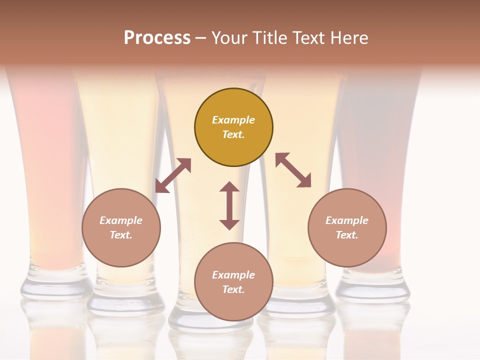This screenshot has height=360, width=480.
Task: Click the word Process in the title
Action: [157, 38]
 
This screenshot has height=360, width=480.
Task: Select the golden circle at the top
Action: [233, 127]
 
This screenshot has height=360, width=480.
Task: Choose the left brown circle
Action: [121, 227]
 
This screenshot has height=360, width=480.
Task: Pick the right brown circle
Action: [347, 227]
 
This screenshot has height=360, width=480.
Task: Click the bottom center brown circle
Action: [233, 282]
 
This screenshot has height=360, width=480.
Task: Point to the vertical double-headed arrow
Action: [229, 205]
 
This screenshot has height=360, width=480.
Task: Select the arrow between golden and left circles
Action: [173, 175]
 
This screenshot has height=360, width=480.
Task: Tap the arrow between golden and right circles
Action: [293, 170]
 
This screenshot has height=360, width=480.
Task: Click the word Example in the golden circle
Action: [233, 120]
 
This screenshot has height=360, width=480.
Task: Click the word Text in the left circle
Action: [121, 235]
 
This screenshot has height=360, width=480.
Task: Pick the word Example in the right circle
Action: [347, 220]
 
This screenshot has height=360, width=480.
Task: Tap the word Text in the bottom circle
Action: [233, 289]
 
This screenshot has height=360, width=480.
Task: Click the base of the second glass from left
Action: [125, 300]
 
